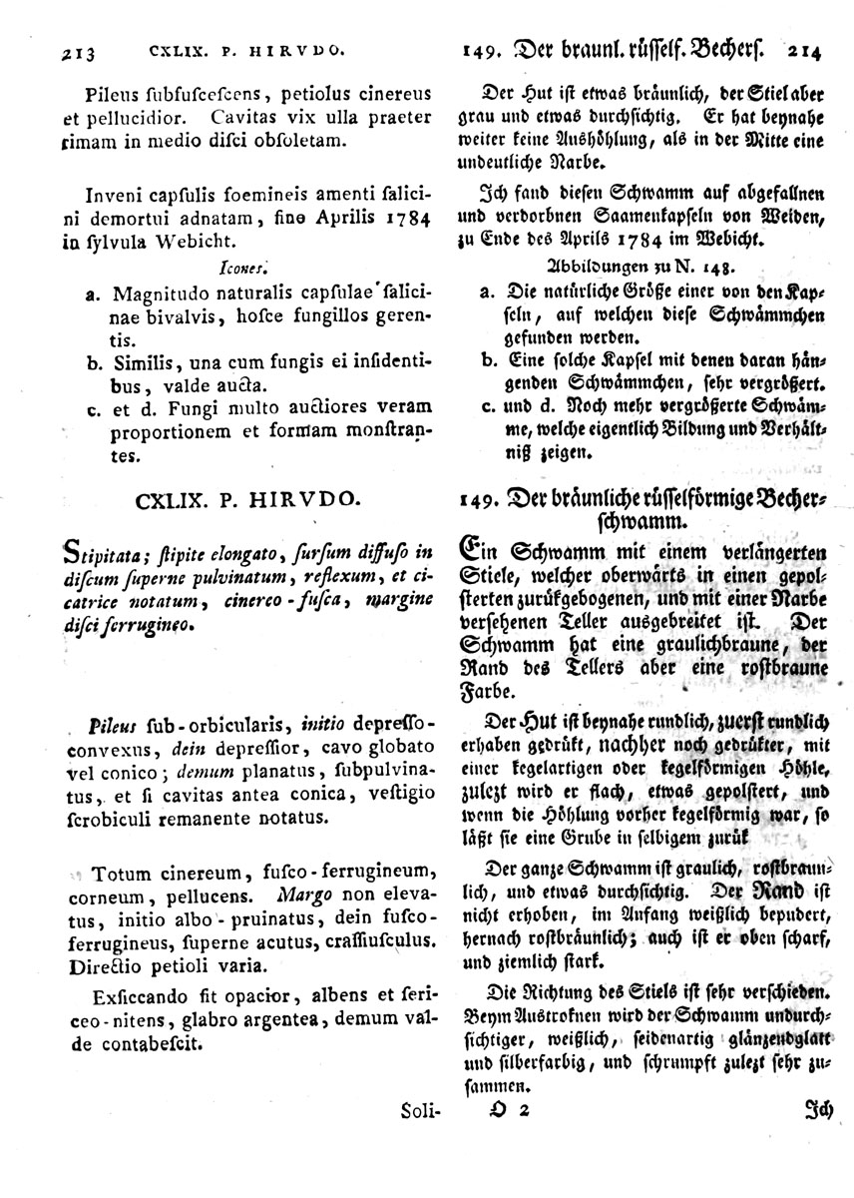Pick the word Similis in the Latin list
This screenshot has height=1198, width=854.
(x=141, y=361)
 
